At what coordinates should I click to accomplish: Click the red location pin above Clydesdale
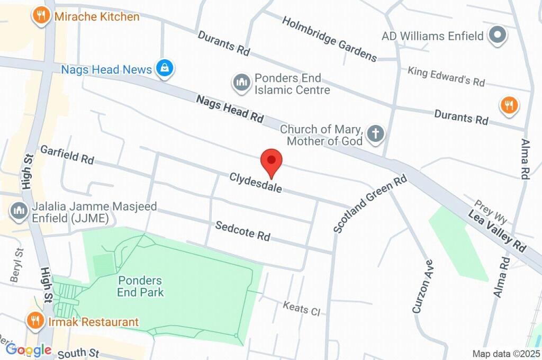point(272,160)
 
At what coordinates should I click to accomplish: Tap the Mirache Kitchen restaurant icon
point(41,16)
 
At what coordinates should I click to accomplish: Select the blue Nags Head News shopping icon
point(165,68)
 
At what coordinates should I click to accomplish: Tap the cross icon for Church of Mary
point(375,134)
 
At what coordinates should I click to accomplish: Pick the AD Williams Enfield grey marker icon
point(497,35)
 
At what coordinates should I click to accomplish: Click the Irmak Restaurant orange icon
point(35,320)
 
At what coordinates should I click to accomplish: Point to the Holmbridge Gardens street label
point(329,39)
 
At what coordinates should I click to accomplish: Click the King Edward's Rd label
point(446,76)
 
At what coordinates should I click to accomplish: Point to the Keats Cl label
point(301,308)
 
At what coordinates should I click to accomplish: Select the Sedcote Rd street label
point(242,231)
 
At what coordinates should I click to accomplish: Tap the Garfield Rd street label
point(67,154)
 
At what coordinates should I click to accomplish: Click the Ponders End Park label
point(140,286)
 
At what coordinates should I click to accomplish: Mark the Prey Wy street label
point(491,211)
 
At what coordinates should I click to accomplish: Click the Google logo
point(29,350)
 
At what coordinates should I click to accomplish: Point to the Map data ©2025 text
point(506,354)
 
